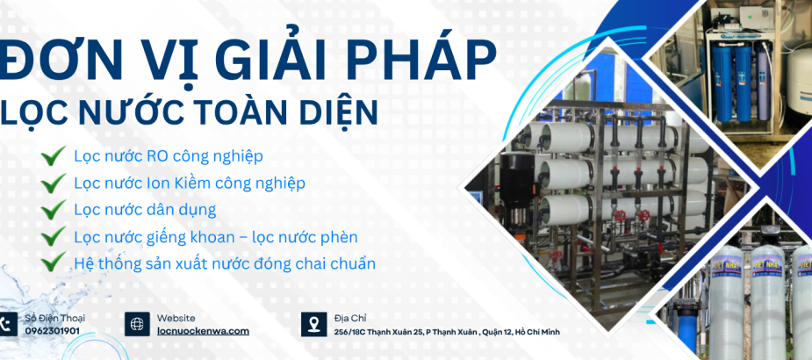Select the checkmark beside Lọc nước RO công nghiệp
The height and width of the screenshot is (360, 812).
(x=54, y=156)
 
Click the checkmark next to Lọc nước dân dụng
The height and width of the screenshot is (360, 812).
(x=54, y=210)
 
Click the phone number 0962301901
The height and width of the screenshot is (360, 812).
(x=52, y=331)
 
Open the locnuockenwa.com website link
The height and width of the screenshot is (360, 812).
(x=203, y=331)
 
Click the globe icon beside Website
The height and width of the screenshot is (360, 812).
(x=137, y=324)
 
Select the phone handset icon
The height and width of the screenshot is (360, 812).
(x=8, y=324)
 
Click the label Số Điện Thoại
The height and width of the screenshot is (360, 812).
(x=54, y=317)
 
